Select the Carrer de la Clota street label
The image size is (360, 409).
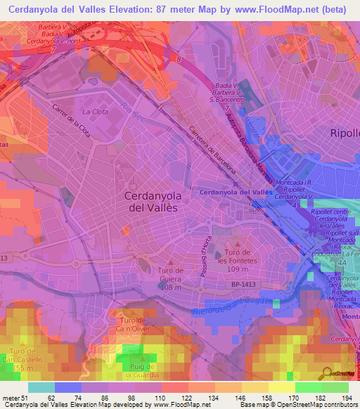(71, 121)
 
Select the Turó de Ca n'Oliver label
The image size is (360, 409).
(127, 325)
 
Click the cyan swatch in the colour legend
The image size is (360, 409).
(41, 387)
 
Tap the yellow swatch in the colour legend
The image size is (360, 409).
(282, 387)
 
